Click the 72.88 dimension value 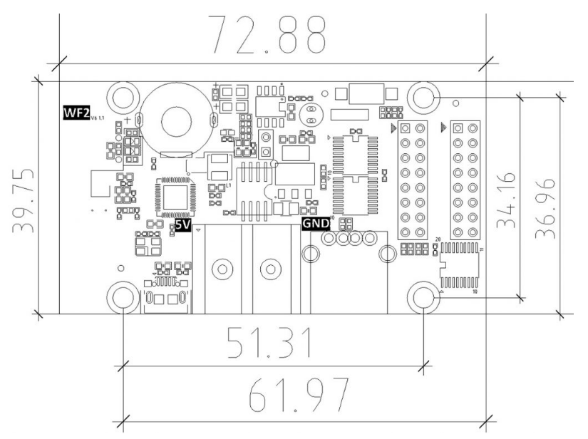click(266, 33)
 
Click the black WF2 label click(74, 113)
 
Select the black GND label click(316, 223)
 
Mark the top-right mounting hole click(423, 96)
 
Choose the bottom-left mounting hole click(123, 297)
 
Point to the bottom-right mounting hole click(423, 297)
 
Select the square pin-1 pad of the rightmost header click(458, 128)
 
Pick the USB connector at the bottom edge click(165, 300)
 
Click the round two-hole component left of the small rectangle click(310, 113)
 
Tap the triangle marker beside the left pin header click(394, 129)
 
